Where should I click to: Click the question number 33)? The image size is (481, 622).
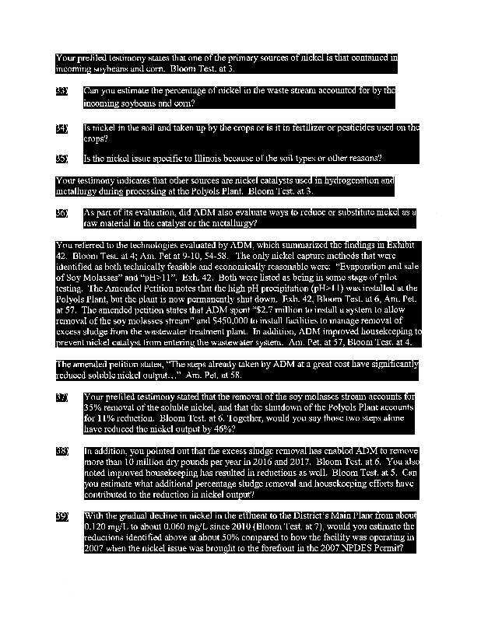point(62,92)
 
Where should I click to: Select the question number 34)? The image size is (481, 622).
point(62,128)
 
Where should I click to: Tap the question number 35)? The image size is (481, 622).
point(62,159)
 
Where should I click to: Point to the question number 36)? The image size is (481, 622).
point(62,212)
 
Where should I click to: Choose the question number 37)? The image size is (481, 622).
point(62,398)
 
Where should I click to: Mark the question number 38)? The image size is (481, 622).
point(62,451)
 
